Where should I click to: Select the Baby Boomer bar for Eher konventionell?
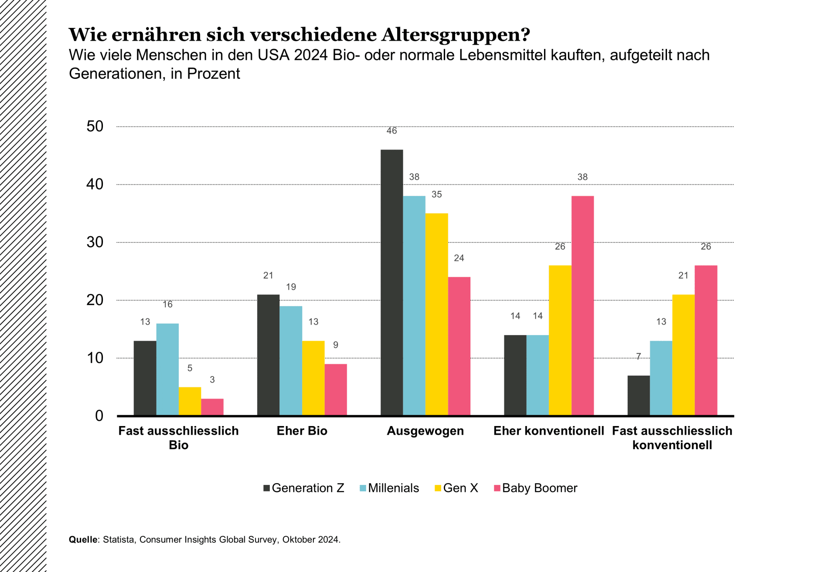click(x=582, y=305)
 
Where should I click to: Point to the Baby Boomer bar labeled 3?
click(x=212, y=407)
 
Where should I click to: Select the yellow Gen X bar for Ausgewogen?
click(x=436, y=314)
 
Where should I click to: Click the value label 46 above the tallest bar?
click(x=391, y=131)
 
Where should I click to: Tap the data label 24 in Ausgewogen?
click(x=459, y=258)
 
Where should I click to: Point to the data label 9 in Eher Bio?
click(x=335, y=345)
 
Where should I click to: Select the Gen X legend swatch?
click(x=438, y=488)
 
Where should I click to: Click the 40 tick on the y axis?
click(x=95, y=184)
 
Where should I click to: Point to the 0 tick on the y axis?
click(x=99, y=416)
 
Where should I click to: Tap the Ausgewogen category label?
click(x=425, y=431)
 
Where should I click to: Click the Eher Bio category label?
click(x=302, y=431)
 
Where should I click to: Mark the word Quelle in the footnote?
click(x=83, y=539)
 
